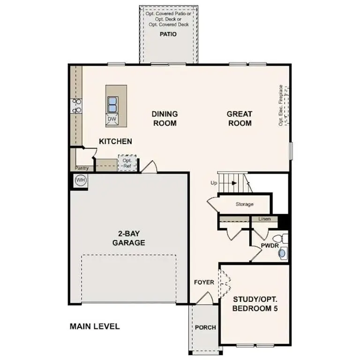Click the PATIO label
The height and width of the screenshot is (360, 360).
tap(168, 34)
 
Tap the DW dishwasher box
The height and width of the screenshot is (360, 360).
tap(112, 119)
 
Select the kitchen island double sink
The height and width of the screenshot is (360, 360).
tap(113, 103)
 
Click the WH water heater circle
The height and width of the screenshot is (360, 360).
tap(80, 180)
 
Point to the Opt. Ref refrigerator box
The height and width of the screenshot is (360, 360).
tap(127, 163)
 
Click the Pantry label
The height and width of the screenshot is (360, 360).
tap(82, 168)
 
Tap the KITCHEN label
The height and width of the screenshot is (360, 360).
tap(115, 141)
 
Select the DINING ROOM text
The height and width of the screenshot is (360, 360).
tap(164, 119)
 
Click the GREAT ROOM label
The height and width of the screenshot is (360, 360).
tap(239, 119)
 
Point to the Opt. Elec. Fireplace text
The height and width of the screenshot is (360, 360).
tap(281, 105)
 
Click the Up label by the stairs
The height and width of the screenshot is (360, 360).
tap(214, 183)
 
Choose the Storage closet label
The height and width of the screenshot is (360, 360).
tap(245, 204)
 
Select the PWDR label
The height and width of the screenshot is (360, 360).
tap(270, 246)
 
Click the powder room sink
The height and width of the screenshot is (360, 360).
tap(282, 254)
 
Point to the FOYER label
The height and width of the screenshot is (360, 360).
tap(204, 282)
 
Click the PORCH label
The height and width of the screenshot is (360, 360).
tap(205, 327)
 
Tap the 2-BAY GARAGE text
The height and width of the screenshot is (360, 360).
tap(128, 238)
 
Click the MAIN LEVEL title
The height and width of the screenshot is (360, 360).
tap(95, 326)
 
